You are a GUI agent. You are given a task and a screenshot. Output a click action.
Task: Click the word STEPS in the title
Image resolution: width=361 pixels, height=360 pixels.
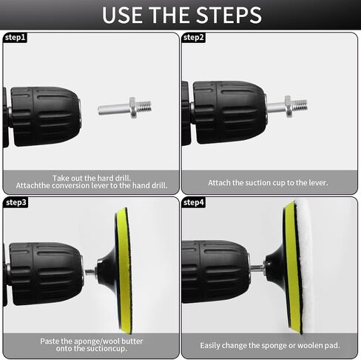[x=229, y=15]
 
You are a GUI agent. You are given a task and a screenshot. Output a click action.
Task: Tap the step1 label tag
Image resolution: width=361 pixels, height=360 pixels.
[x=15, y=38]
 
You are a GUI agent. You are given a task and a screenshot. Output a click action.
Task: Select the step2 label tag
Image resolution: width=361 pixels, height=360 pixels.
[x=194, y=38]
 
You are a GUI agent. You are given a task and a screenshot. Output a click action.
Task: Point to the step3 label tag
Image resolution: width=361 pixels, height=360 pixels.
[x=16, y=202]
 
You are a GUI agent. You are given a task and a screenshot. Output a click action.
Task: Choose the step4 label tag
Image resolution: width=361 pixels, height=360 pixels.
[x=194, y=202]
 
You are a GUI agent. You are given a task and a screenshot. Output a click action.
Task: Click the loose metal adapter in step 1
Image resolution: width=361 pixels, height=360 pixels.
[x=125, y=107]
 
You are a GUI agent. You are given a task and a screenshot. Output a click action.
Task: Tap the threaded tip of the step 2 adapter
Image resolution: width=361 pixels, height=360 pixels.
[x=300, y=105]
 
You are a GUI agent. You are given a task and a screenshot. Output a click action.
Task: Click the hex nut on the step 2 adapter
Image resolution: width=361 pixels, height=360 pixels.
[x=288, y=106]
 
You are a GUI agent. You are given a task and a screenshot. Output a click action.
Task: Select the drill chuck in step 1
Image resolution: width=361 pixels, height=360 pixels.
[x=45, y=116]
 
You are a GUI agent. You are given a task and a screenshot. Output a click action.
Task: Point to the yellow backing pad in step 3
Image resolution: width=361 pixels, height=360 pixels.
[x=124, y=270]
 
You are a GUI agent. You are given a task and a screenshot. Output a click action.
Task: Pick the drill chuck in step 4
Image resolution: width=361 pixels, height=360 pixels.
[x=216, y=272]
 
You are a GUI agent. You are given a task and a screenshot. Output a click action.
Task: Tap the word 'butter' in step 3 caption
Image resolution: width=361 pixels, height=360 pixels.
[x=132, y=341]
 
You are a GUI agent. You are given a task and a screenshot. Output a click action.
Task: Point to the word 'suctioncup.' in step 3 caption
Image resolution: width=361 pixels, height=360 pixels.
[x=107, y=349]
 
